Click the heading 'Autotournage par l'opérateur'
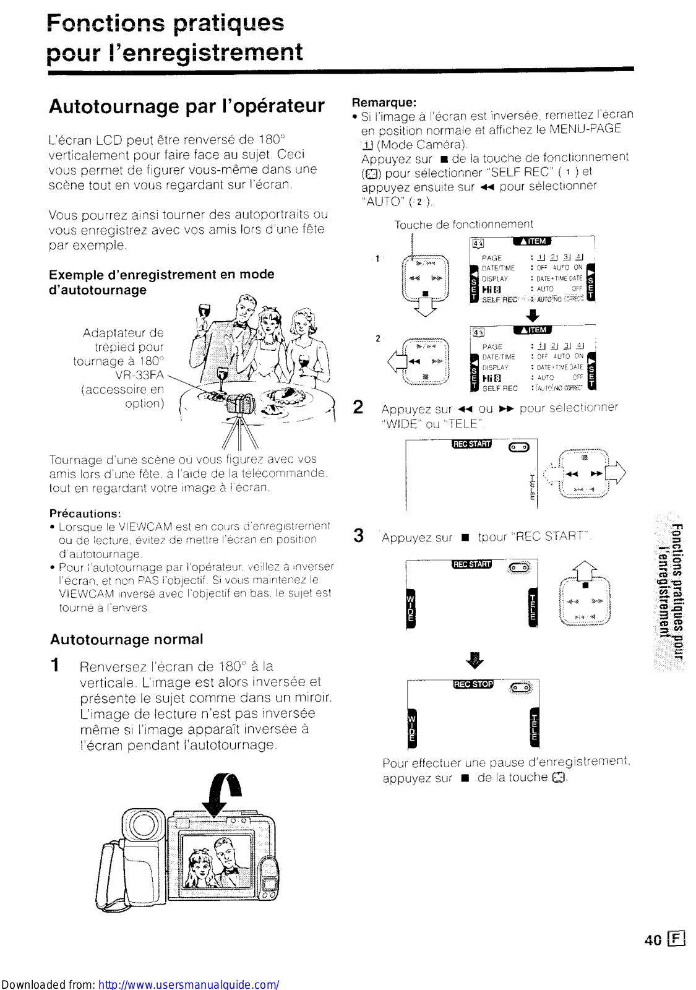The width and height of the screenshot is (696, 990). pos(186,106)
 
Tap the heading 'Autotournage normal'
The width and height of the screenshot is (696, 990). pos(126,639)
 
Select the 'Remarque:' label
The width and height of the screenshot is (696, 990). pos(384,102)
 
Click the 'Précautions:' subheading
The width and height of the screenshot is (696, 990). pos(85,513)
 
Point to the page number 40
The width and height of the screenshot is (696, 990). pos(653,940)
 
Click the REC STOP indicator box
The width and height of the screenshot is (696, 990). pos(473,684)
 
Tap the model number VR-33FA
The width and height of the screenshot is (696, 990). pos(139,375)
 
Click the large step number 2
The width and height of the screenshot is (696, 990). pos(358,407)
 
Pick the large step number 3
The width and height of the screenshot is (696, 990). pos(358,535)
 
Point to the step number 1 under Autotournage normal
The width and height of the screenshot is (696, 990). pos(55,665)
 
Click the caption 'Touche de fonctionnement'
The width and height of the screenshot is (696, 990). pos(463,224)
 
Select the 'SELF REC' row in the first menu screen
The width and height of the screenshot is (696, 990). pos(500,299)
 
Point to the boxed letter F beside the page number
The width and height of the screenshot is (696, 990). pos(677,939)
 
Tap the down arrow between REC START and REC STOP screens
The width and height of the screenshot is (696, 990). pos(475,660)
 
